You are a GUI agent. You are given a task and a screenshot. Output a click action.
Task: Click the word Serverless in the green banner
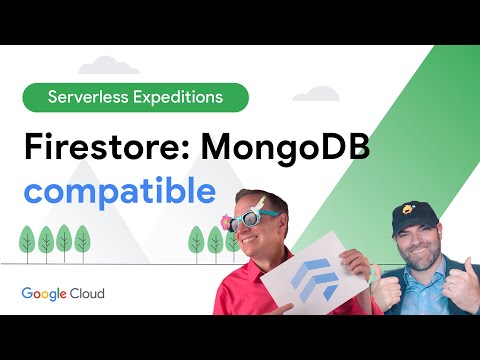89,98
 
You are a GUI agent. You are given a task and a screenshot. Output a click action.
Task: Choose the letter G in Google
27,294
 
